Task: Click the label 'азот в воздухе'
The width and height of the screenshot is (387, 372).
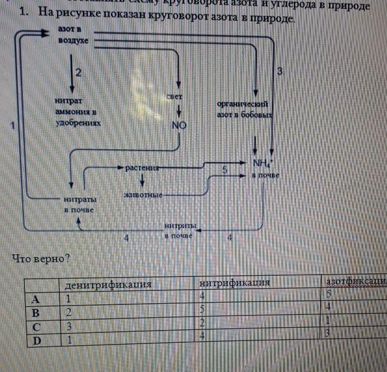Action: pyautogui.click(x=73, y=35)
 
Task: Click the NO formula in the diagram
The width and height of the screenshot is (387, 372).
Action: pyautogui.click(x=179, y=125)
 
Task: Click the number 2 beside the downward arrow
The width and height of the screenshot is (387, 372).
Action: pyautogui.click(x=78, y=72)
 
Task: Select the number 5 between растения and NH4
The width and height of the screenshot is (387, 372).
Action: pyautogui.click(x=224, y=170)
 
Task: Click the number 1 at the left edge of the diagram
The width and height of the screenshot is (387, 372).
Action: pyautogui.click(x=12, y=124)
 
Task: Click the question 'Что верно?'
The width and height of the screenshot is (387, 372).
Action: pyautogui.click(x=40, y=259)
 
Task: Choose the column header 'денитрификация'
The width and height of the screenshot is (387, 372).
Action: pyautogui.click(x=108, y=285)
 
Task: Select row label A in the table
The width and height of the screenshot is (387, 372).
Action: pyautogui.click(x=35, y=299)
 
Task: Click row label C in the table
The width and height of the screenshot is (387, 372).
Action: pyautogui.click(x=35, y=326)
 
